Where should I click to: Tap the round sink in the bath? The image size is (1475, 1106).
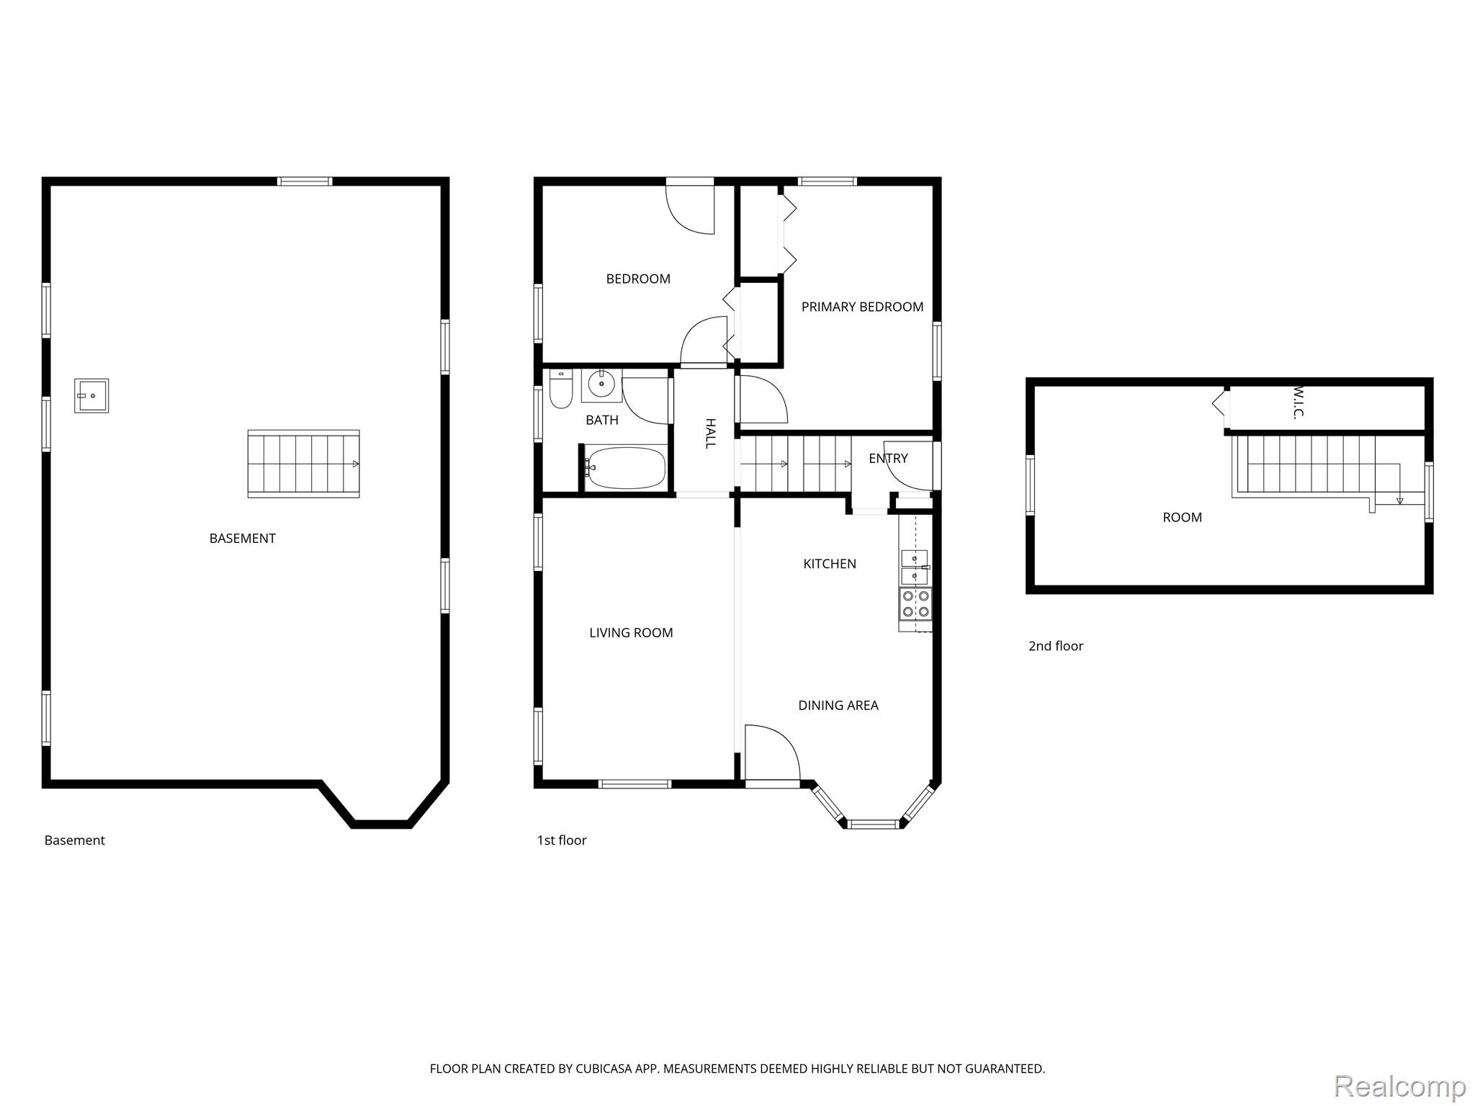601,385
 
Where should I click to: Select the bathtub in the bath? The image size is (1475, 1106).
626,468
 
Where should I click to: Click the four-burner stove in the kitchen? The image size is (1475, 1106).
915,604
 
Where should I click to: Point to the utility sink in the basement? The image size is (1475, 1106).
91,395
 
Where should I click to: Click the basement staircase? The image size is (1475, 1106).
303,464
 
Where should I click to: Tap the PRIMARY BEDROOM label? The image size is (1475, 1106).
862,307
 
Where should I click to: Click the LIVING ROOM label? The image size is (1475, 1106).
631,633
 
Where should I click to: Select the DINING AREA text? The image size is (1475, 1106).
838,706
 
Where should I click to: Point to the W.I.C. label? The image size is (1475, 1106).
1299,401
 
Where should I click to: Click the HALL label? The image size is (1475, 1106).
710,433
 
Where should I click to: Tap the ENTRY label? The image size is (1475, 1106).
888,459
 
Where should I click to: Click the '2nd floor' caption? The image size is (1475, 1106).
1056,646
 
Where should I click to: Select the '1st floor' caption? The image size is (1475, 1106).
562,840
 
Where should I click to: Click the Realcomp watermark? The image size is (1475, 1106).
1400,1086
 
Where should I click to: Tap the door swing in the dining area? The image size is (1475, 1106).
773,752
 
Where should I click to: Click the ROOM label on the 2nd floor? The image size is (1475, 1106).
1183,518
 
